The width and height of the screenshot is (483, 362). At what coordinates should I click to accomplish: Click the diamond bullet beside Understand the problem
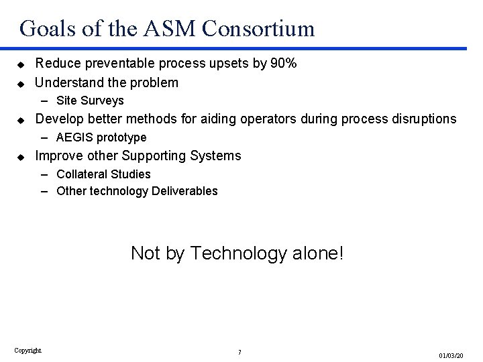[21, 84]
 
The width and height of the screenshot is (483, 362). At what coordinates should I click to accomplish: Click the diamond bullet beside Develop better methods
[21, 120]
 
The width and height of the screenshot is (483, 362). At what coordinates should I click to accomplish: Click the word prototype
[122, 138]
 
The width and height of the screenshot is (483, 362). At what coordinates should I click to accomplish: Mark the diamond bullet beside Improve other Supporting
[21, 157]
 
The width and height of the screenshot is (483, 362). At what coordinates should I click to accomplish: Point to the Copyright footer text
[28, 349]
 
